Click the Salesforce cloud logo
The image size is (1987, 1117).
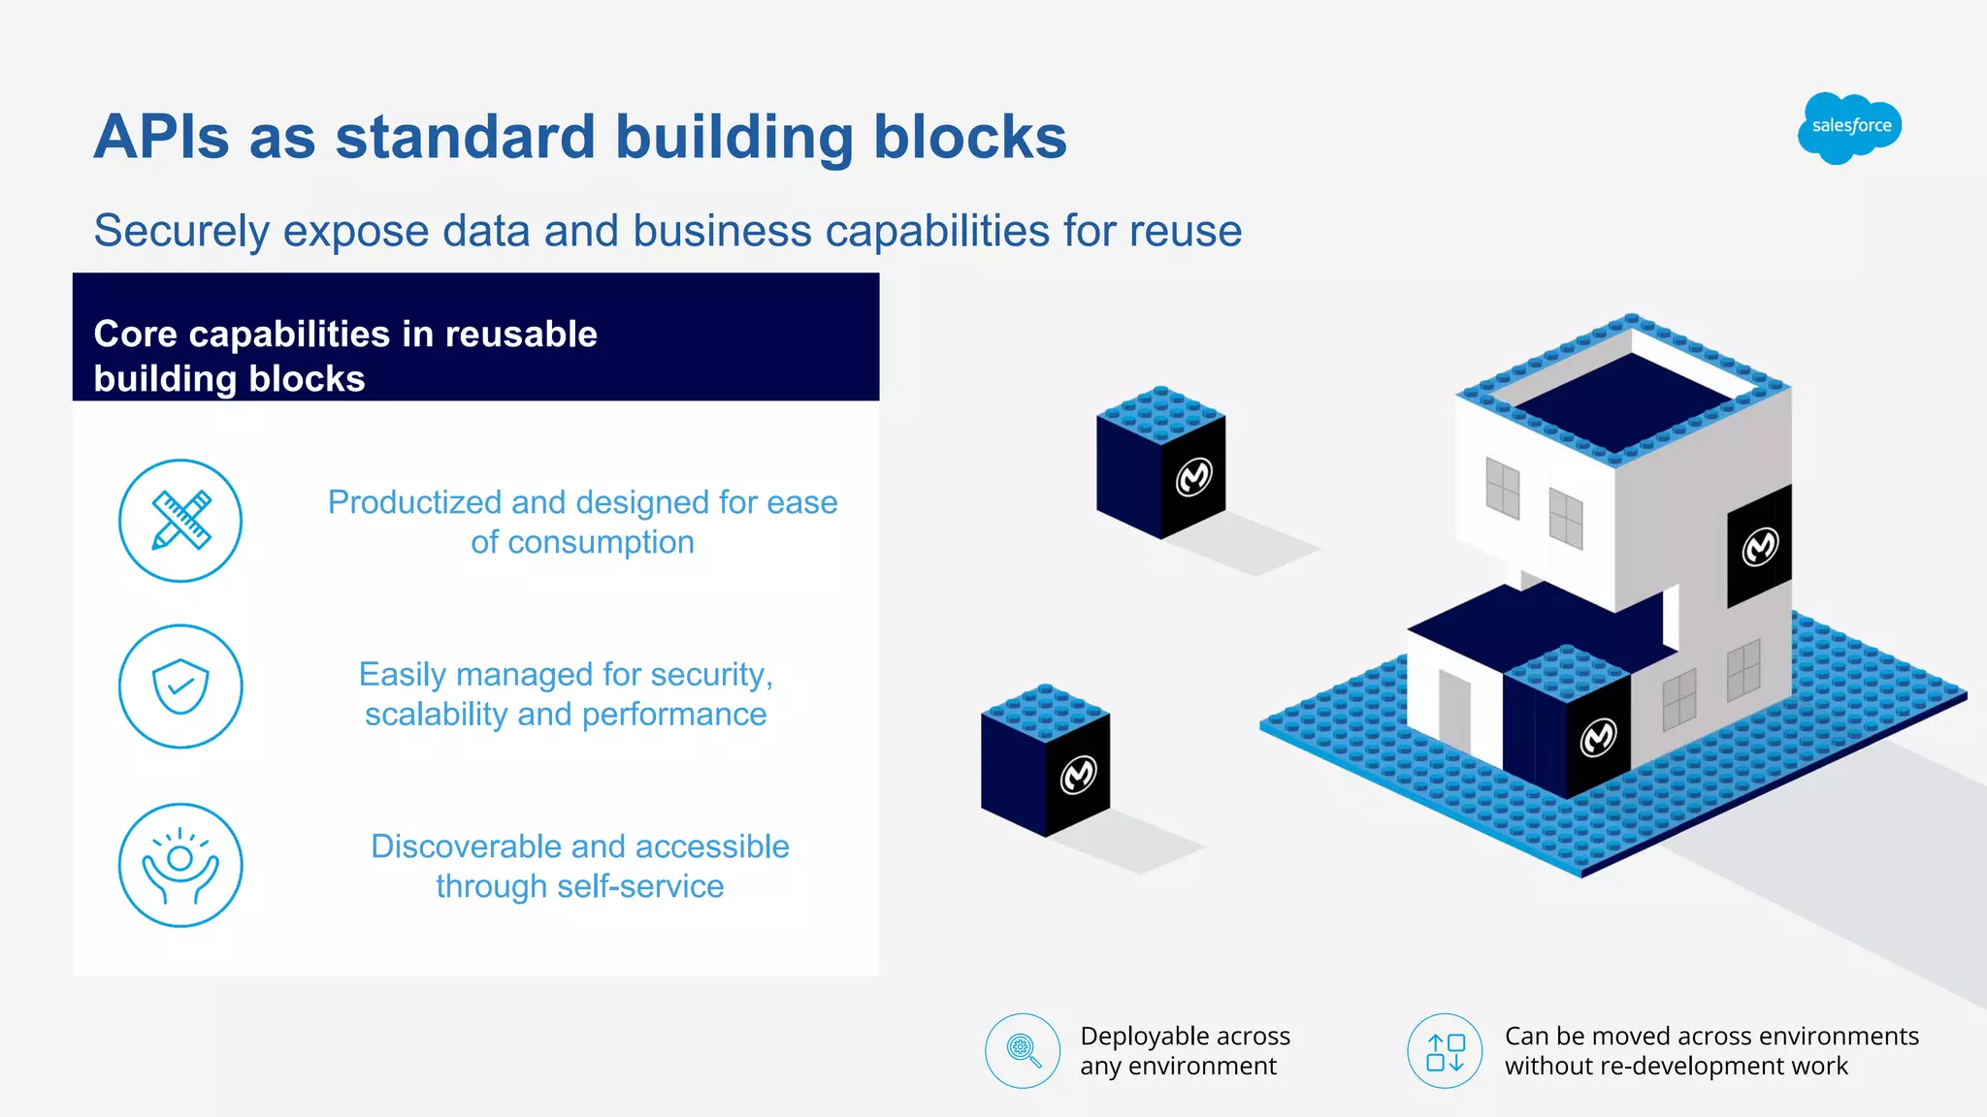1850,127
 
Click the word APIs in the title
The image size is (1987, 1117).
161,137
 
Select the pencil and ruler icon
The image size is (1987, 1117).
180,521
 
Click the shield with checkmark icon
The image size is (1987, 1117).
180,686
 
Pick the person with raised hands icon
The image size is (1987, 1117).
180,865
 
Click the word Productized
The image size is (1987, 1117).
414,502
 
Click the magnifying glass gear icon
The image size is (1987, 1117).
1023,1051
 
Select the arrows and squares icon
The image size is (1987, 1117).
1445,1051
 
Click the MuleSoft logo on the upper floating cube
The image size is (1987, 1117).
1194,477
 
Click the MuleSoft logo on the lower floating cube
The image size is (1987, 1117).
1078,775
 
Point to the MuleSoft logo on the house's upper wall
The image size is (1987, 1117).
1760,547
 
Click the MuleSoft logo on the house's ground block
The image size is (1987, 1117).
1598,737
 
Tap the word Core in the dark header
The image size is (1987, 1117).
135,335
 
